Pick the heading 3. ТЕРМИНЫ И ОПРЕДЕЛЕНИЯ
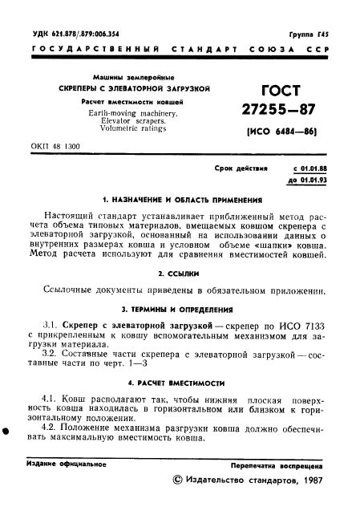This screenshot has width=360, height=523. pyautogui.click(x=179, y=308)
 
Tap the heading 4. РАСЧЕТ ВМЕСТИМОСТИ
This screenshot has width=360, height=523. pyautogui.click(x=179, y=383)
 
